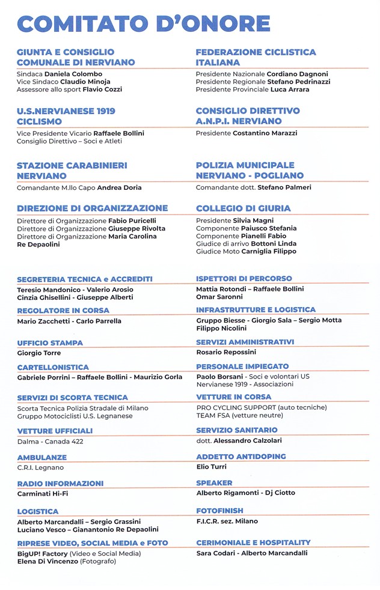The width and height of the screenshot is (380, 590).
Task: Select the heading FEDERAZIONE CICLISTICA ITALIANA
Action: pos(256,57)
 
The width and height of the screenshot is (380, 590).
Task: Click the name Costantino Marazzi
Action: pos(265,133)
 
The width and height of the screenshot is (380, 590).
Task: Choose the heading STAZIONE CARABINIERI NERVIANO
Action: pos(72,171)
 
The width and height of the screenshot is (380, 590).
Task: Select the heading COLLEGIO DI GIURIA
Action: pos(243,208)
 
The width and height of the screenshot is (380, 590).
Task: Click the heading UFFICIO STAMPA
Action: pos(50,343)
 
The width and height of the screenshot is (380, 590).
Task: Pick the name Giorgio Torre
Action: pos(39,353)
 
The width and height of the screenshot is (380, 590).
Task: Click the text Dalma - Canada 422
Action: pos(51,442)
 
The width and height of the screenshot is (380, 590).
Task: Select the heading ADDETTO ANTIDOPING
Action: pos(241,457)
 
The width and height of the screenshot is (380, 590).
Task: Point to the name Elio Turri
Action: pos(211,466)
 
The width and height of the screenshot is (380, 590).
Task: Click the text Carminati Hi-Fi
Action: pos(43,494)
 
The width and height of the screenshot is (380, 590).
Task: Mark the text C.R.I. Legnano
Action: pos(40,467)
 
